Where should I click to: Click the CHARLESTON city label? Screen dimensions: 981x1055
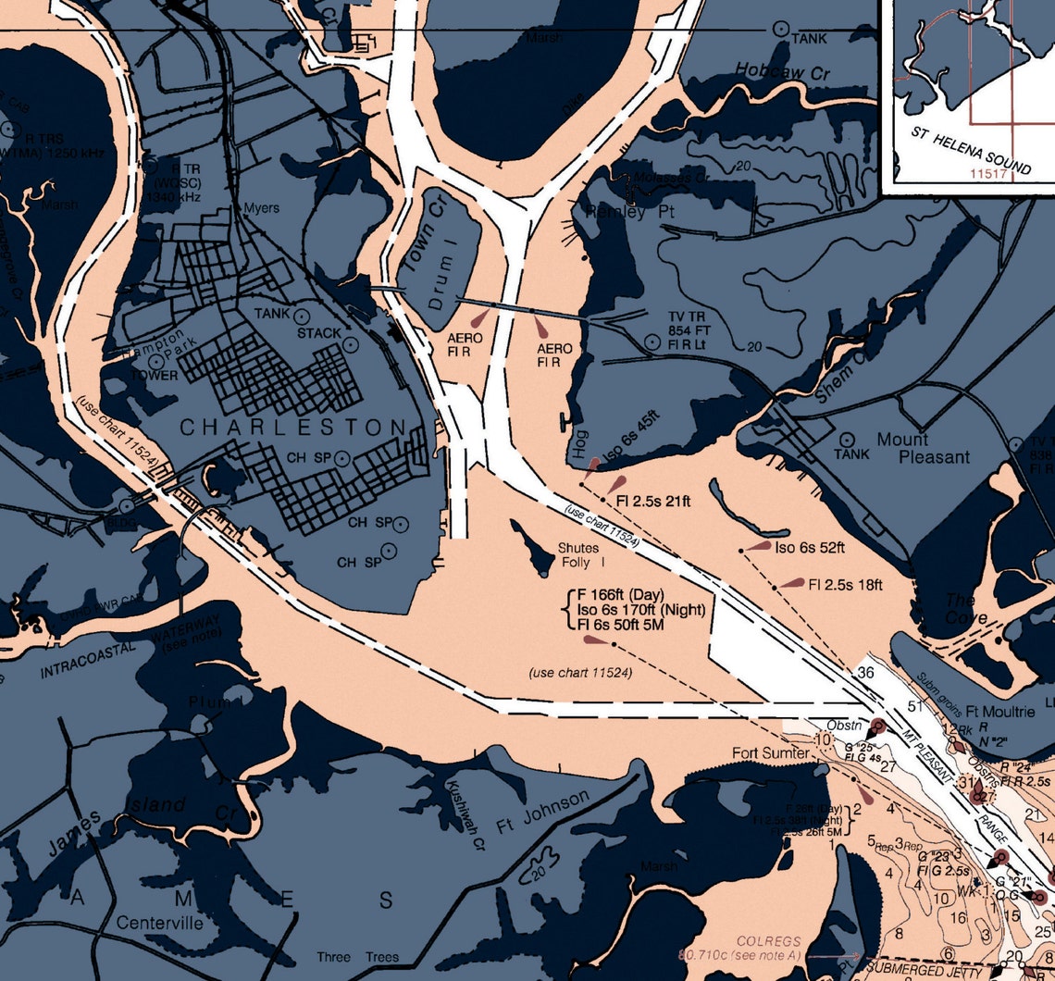point(292,428)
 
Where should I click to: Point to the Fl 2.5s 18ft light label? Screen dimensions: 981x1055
point(846,585)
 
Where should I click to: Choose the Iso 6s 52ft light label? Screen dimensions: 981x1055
point(810,548)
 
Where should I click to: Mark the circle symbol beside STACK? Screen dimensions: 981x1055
point(350,344)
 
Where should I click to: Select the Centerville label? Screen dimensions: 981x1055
point(160,924)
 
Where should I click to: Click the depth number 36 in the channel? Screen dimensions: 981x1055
point(865,673)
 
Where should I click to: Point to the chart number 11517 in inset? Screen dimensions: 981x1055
point(988,173)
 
